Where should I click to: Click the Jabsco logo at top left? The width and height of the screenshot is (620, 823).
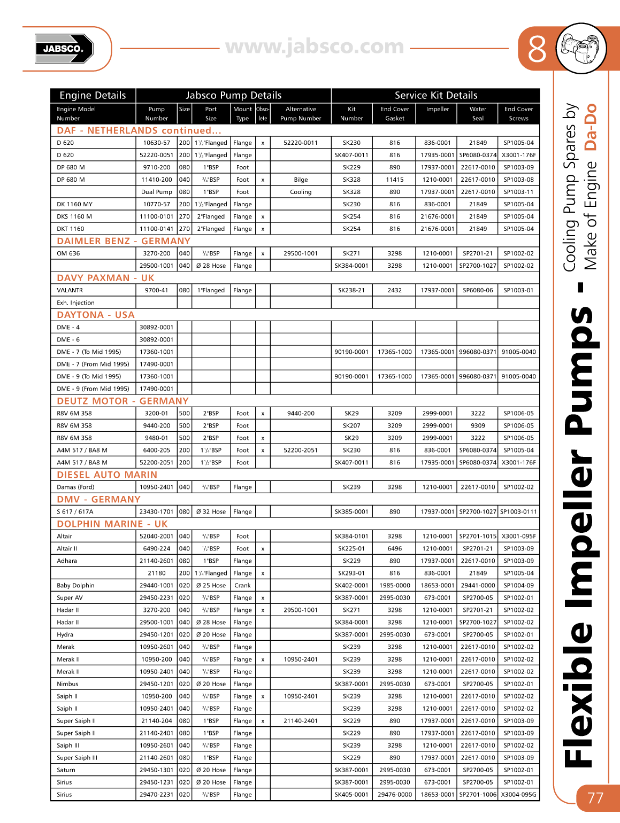[x=64, y=49]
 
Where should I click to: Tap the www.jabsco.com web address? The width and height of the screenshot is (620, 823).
[x=315, y=47]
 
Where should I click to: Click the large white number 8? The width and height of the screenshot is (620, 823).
[x=537, y=49]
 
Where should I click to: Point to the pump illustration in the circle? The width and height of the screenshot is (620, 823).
[x=581, y=48]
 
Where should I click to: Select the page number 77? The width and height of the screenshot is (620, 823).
[x=595, y=798]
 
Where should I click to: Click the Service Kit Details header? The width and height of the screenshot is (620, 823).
[x=435, y=95]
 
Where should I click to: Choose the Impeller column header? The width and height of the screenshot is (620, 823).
[x=437, y=109]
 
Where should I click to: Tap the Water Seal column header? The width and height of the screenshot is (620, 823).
[x=478, y=113]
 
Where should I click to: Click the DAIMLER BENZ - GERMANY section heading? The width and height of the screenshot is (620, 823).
[x=124, y=241]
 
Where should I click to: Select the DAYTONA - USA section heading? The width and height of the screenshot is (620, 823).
[x=96, y=315]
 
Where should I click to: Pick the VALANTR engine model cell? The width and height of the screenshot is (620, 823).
[x=70, y=290]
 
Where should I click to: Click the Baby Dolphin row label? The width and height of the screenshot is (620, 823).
[x=75, y=585]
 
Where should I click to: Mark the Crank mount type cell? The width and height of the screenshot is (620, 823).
[x=242, y=585]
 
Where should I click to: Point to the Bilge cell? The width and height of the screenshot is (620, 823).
[x=301, y=180]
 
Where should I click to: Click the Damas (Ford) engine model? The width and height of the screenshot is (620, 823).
[x=75, y=487]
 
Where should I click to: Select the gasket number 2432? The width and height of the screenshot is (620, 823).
[x=394, y=290]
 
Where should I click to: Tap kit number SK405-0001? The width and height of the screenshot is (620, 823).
[x=351, y=794]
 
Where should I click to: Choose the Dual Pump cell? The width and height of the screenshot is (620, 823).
[x=156, y=192]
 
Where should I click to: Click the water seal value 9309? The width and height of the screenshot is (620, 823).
[x=478, y=425]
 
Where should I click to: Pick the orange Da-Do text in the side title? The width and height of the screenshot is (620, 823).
[x=590, y=127]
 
